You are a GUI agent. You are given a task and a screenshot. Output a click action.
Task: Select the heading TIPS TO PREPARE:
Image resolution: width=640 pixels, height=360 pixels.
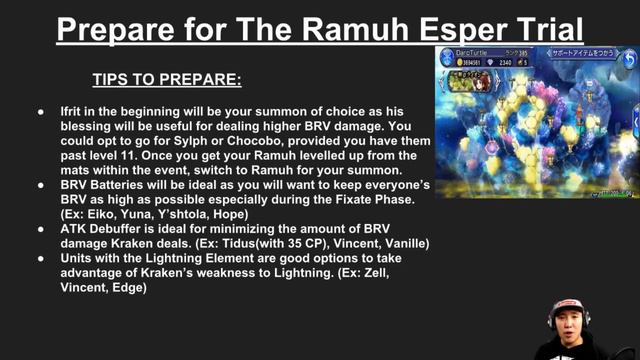click(x=167, y=78)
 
